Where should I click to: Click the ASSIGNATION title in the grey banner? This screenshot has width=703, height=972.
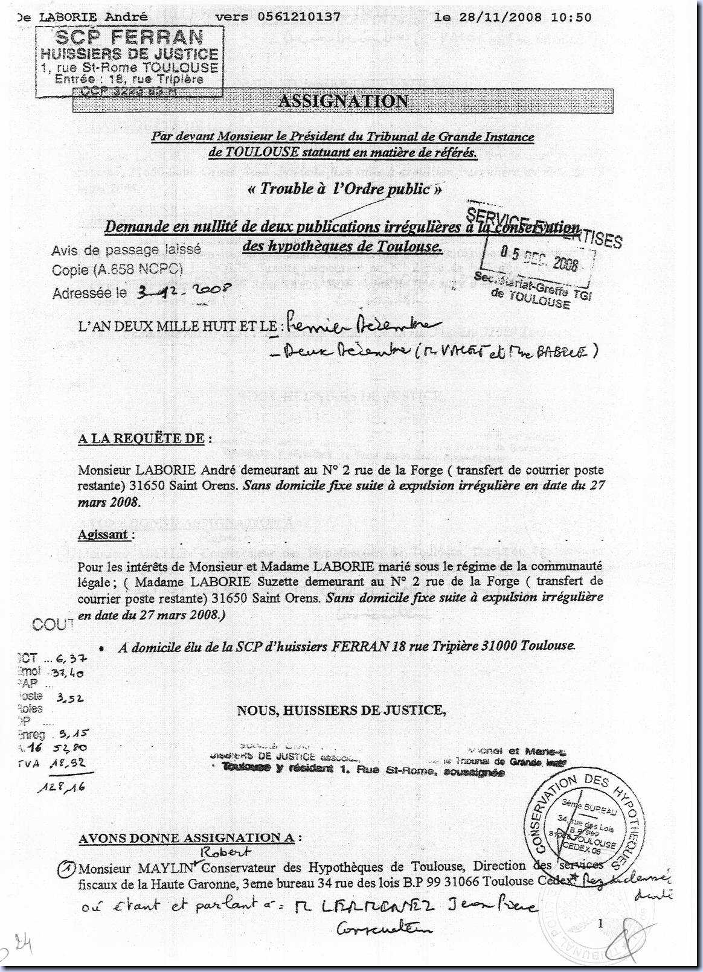coord(343,101)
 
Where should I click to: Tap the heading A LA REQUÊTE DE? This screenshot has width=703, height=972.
coord(142,438)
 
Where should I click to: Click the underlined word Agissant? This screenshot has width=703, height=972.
coord(103,534)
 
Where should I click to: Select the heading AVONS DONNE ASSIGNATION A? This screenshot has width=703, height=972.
coord(186,838)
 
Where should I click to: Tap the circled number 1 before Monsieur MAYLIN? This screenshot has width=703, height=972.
coord(66,869)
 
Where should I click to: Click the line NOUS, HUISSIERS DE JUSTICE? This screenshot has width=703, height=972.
coord(341,710)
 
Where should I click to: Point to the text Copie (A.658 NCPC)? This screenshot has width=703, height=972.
coord(117,270)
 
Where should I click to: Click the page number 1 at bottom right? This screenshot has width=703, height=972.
coord(600,922)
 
